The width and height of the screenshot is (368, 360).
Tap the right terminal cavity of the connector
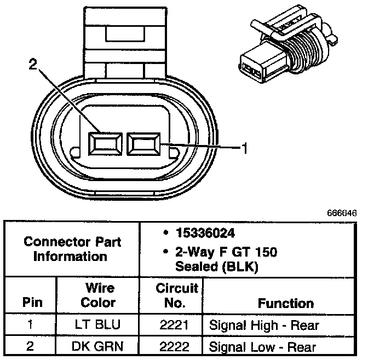point(142,144)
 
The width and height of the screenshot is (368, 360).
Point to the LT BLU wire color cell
point(99,326)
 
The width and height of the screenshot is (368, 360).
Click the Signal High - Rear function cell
point(264,326)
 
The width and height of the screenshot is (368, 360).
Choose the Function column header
point(286,303)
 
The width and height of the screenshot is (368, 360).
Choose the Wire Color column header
point(99,295)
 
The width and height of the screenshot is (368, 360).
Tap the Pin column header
point(31,303)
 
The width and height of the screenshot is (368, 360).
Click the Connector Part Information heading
point(70,248)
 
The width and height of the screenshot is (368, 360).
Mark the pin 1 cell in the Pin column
point(31,326)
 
